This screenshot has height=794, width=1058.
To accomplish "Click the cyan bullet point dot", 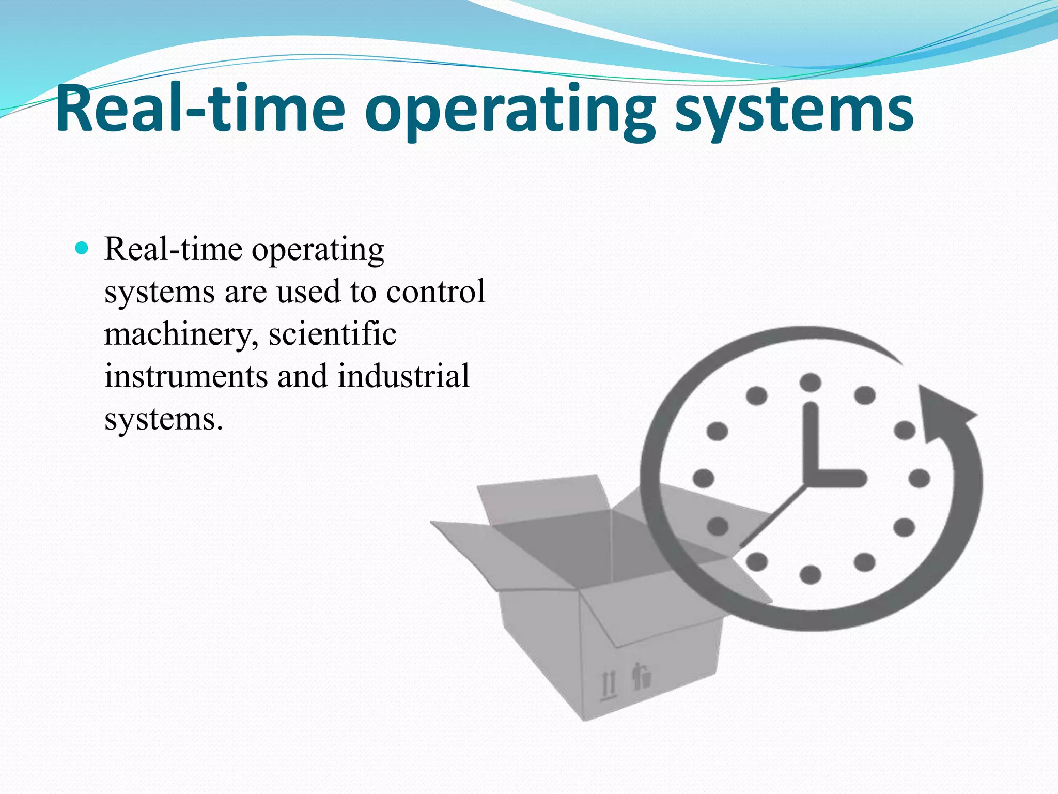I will click(82, 249).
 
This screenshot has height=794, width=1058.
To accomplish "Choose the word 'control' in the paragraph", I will click(435, 292).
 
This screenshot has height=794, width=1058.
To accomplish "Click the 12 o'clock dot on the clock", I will click(811, 383).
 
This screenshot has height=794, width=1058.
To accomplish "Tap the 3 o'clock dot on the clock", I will click(919, 479).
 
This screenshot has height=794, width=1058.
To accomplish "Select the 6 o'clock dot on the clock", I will click(811, 574).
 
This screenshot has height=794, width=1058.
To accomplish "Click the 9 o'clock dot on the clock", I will click(703, 479).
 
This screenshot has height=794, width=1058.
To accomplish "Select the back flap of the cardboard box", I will click(542, 496).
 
